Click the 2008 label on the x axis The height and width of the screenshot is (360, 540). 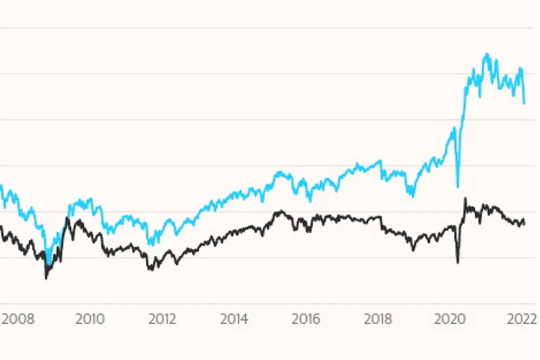click(x=18, y=318)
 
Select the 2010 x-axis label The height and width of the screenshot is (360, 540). click(x=90, y=318)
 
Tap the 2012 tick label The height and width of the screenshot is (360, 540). click(x=162, y=318)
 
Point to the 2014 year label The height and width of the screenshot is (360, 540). click(x=234, y=318)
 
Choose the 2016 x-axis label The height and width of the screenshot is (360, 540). click(x=306, y=318)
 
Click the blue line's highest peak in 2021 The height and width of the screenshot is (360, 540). click(x=487, y=53)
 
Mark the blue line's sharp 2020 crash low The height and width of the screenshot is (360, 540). click(x=457, y=187)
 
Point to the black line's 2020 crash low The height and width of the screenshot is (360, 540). click(x=458, y=263)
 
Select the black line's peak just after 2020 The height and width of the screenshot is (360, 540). click(x=465, y=199)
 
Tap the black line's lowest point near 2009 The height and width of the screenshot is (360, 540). click(x=46, y=279)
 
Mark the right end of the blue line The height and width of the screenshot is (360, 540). click(x=524, y=103)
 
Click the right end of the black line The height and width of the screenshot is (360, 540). click(x=524, y=224)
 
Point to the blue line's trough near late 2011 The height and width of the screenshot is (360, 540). click(x=150, y=244)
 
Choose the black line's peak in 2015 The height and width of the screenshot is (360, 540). click(x=279, y=210)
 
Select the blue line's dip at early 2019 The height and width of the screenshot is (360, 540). click(x=412, y=197)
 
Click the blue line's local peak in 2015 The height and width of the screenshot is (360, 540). click(x=279, y=172)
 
